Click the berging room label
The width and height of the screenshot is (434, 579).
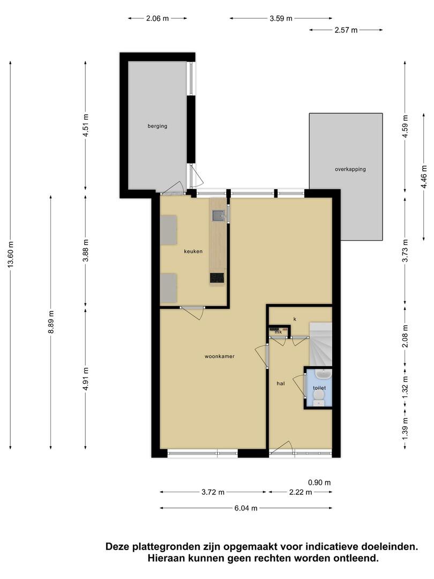point(157,127)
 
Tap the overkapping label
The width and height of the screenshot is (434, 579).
point(350,169)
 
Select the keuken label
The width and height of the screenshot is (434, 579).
point(193,251)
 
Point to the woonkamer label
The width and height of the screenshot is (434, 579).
point(220,357)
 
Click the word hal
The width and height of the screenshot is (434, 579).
point(281,384)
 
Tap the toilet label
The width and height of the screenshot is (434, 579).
point(319,388)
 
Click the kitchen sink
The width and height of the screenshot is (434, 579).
point(218,215)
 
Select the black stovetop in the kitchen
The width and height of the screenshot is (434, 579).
point(217,278)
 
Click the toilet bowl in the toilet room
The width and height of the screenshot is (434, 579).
point(318,398)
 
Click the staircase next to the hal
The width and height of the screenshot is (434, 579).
point(320,344)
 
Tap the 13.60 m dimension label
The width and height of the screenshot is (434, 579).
point(11,255)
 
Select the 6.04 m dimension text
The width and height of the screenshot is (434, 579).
point(246,508)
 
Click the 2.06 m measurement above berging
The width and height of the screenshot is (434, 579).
point(158,18)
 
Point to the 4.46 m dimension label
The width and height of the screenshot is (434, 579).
point(424,177)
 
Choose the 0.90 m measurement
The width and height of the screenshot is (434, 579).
point(319,482)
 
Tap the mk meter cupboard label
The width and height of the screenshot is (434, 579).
point(278,332)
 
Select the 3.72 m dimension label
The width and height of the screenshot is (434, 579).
point(213,492)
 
